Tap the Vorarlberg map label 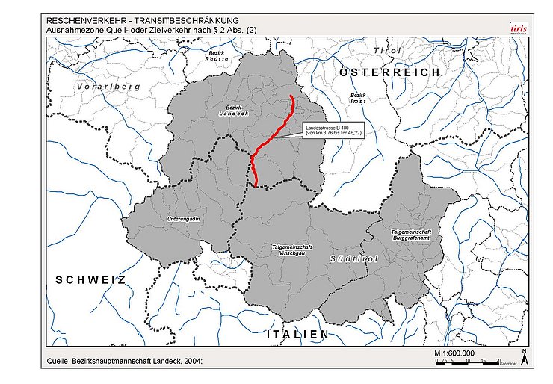[108, 87]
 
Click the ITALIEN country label [298, 335]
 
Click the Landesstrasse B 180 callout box [333, 128]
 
